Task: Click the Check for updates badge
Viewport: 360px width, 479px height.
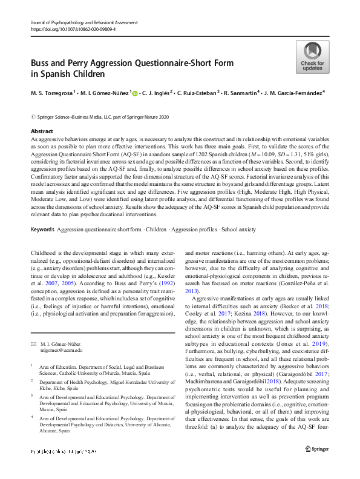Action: (312, 58)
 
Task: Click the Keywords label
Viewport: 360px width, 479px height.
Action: (42, 230)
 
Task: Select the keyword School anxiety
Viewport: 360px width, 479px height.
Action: (238, 230)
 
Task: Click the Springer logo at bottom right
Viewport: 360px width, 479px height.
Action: (317, 464)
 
